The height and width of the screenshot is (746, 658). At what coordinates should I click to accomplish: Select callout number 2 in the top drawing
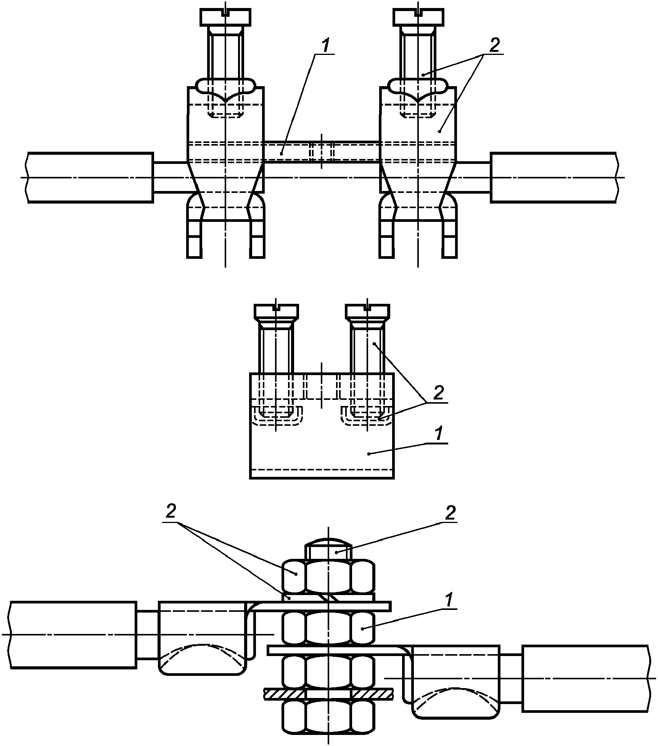tap(494, 46)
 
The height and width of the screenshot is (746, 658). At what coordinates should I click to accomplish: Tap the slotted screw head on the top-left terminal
tap(225, 18)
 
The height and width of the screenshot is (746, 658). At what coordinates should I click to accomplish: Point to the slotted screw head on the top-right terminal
tap(418, 18)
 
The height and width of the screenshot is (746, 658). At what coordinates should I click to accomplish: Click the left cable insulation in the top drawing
tap(90, 177)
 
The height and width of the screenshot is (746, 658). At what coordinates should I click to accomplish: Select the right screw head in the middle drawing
tap(368, 311)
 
